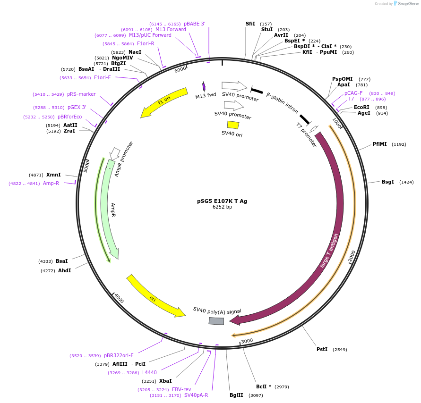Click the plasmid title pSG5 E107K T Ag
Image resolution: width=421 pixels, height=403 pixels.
pos(222,201)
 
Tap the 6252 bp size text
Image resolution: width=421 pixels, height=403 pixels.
pos(222,207)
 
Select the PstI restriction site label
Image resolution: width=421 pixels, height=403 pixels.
pos(322,350)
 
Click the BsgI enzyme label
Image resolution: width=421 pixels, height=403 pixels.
pos(387,182)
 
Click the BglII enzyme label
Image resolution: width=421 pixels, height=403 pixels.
pos(236,395)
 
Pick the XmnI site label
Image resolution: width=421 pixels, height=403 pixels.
pos(53,175)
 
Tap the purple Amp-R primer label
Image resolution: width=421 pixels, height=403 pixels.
pos(51,184)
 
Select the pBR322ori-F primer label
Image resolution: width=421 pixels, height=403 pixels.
pos(119,356)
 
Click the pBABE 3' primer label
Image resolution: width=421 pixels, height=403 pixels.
pos(194,24)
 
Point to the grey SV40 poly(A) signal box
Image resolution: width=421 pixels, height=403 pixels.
pos(216,321)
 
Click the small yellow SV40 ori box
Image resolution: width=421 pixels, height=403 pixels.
pos(233,125)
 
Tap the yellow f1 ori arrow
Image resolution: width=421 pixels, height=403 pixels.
pos(163,102)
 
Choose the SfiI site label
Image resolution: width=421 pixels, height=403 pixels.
pos(250,24)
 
